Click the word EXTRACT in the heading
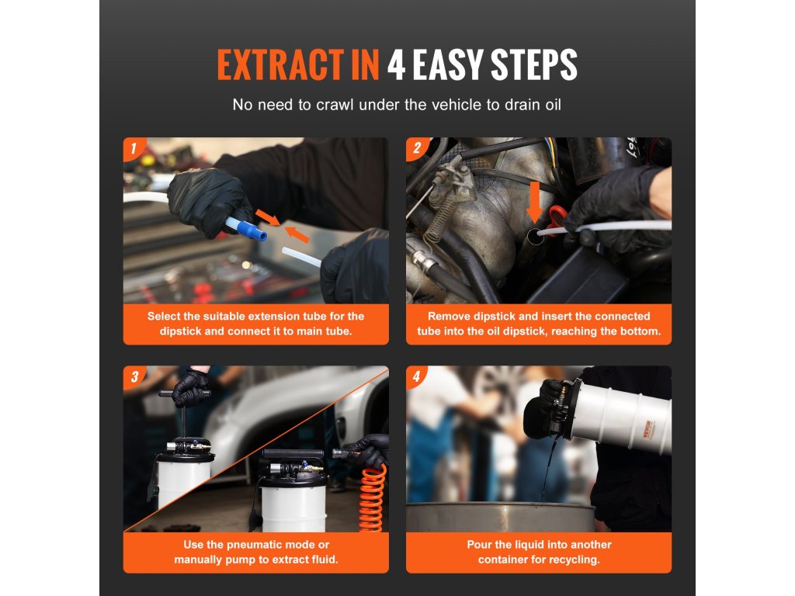280,65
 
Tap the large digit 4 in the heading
396,65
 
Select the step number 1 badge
134,148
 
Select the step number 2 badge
417,148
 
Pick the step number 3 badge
134,377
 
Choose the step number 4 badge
417,377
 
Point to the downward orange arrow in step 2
534,202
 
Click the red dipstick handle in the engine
557,219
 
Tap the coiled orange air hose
373,499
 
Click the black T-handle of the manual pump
184,393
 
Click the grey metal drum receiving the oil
501,517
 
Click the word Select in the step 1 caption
164,317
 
